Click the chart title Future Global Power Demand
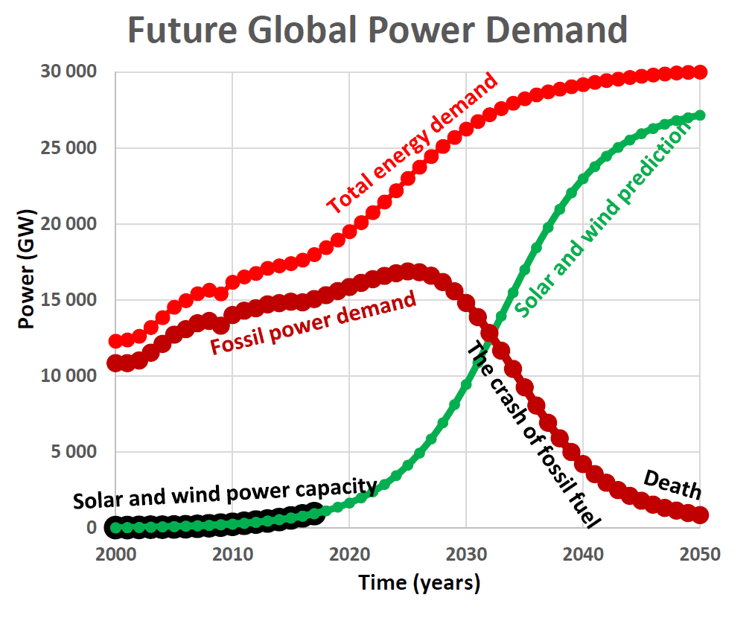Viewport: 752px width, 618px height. coord(377,30)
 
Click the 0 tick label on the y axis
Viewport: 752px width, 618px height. coord(92,528)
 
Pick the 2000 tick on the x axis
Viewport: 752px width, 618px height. coord(115,555)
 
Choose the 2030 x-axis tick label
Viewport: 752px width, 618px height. coord(466,555)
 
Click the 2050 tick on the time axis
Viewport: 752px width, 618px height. coord(699,555)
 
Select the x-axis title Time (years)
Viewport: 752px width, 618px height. coord(419,583)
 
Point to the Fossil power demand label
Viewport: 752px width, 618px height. coord(313,323)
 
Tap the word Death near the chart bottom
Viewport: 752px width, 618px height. coord(672,484)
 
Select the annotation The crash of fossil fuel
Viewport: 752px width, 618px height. coord(533,435)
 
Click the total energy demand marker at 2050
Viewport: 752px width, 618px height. coord(700,72)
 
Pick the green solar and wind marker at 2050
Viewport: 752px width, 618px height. coord(700,115)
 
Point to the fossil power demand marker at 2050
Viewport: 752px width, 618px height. coord(700,515)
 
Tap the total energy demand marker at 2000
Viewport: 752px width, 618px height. coord(115,342)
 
